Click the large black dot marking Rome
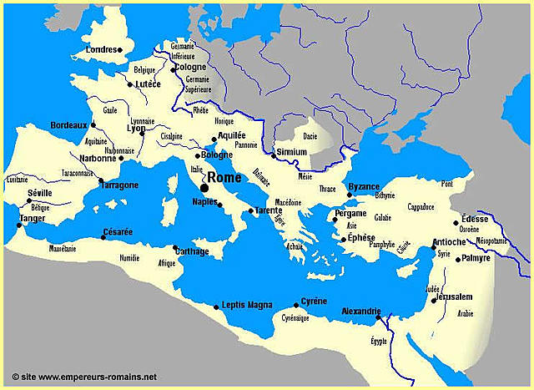coord(204,187)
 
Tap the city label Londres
coord(99,49)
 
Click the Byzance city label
coord(364,185)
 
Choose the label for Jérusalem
coord(455,296)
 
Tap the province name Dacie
coord(310,134)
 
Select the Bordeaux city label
coord(68,124)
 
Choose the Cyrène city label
coord(314,301)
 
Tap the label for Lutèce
coord(148,84)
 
